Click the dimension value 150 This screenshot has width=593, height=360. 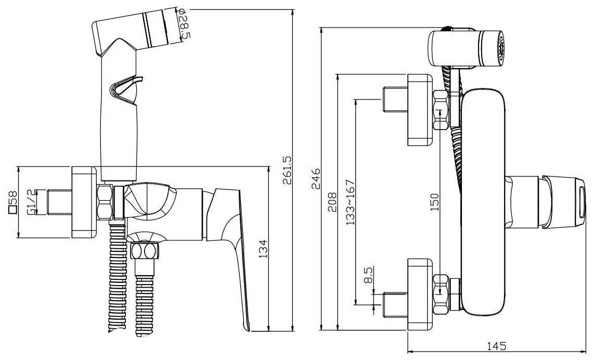(435, 202)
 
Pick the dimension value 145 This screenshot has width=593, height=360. (497, 346)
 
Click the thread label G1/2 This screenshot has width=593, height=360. (32, 203)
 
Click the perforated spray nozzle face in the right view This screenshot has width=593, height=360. (501, 49)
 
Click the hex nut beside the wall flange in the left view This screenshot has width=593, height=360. (105, 202)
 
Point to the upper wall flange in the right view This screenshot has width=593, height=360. (420, 109)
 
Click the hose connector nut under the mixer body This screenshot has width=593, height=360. (145, 251)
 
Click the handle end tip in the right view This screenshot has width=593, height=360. (578, 203)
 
